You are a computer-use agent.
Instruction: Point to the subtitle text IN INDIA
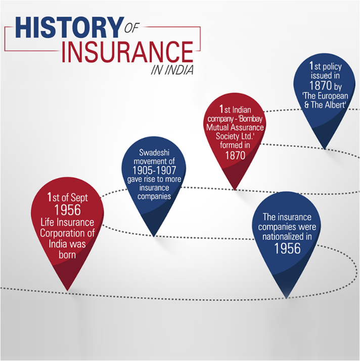click(172, 70)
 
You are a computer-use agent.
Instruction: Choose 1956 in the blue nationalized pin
click(287, 249)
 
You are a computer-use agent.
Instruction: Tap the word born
click(67, 254)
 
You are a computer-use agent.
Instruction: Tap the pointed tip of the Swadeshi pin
click(154, 235)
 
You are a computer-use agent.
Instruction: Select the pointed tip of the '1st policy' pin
click(325, 148)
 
